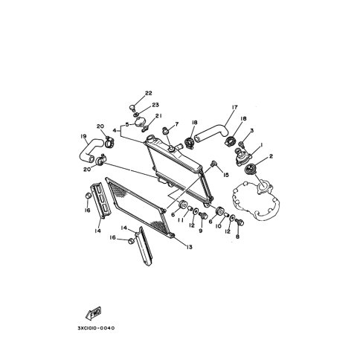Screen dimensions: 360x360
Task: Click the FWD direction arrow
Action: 94,313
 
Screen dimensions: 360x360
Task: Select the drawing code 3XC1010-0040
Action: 97,328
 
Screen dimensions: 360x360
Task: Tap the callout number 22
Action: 148,93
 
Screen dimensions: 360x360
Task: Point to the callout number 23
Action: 155,105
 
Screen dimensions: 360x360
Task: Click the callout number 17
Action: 234,107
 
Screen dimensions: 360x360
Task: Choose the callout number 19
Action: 83,136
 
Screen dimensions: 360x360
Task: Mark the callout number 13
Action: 189,247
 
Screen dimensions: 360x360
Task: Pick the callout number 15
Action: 225,175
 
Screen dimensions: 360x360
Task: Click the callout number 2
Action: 271,156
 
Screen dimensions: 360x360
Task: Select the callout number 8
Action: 237,237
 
